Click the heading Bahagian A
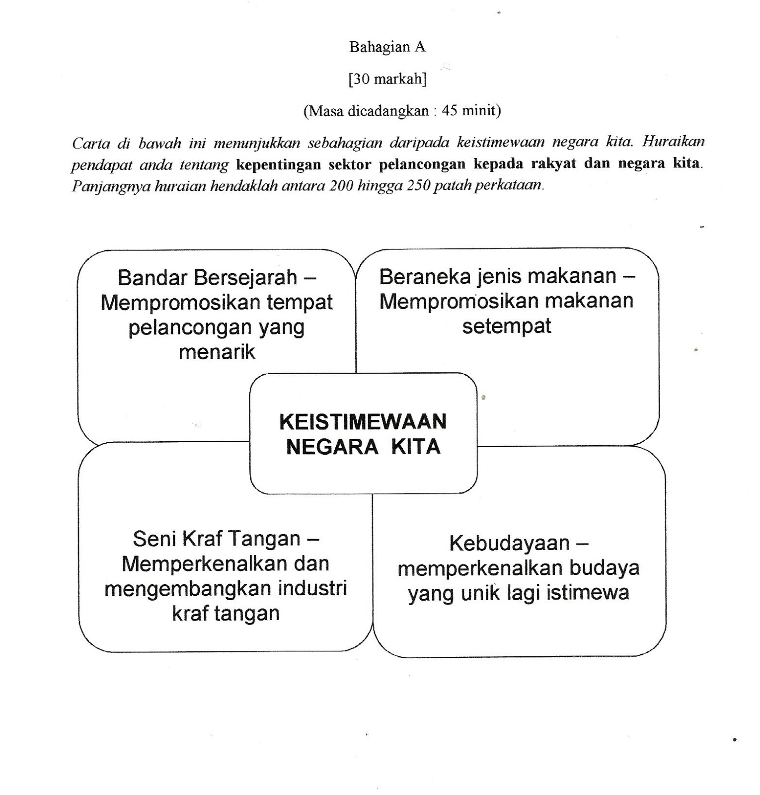click(x=387, y=47)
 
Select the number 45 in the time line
click(x=449, y=110)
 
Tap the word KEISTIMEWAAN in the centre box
click(x=363, y=422)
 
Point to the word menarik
click(x=217, y=352)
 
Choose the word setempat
click(x=507, y=326)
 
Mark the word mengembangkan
click(x=188, y=589)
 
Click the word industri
click(x=312, y=588)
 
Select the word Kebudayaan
click(x=509, y=543)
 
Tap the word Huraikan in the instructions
click(x=673, y=142)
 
